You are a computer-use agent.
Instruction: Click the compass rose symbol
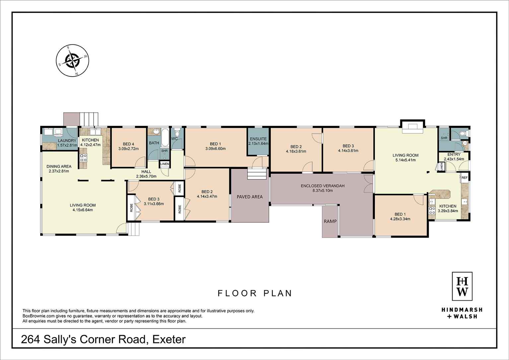(x=72, y=60)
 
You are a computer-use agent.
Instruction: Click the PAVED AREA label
(x=250, y=197)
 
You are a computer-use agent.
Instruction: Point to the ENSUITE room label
(x=258, y=139)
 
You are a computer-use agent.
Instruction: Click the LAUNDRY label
(x=67, y=141)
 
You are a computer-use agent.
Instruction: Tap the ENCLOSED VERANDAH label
(x=322, y=186)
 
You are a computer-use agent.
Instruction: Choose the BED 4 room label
(x=128, y=144)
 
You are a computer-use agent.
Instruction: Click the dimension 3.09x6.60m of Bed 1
(x=215, y=149)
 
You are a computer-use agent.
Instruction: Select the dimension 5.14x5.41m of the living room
(x=405, y=160)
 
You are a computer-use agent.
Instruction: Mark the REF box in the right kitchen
(x=465, y=178)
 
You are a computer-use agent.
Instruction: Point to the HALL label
(x=146, y=172)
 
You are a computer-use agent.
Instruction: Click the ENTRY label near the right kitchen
(x=454, y=154)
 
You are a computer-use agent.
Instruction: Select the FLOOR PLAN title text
(x=254, y=293)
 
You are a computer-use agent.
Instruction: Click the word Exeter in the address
(x=169, y=339)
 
